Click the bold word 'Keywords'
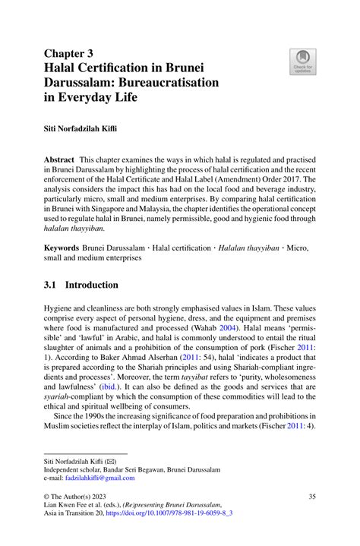[62, 248]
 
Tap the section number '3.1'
[51, 286]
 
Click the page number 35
[311, 497]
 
